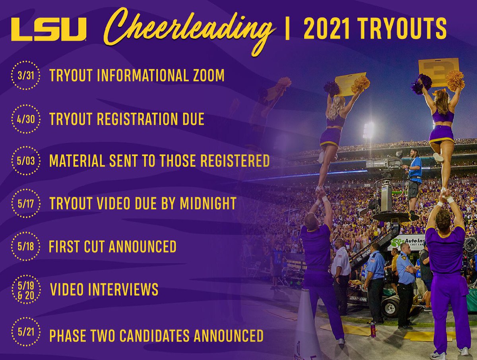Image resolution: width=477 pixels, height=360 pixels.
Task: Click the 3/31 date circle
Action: [x=25, y=75]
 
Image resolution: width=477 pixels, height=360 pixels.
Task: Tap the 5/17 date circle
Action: [x=25, y=204]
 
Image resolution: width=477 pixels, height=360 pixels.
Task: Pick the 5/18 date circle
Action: [x=25, y=246]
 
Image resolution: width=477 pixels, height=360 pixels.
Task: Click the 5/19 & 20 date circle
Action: [x=25, y=289]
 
